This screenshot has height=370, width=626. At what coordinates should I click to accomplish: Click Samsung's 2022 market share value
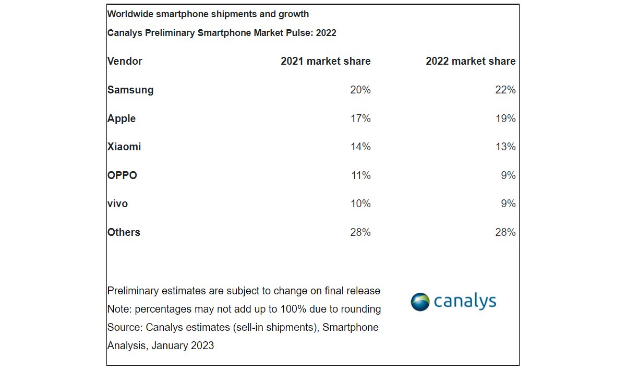[505, 90]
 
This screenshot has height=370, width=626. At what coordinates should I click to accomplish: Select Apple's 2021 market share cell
[360, 118]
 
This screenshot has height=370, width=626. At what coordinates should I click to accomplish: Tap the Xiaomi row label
[124, 147]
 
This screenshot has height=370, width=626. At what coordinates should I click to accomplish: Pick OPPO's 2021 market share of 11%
[360, 175]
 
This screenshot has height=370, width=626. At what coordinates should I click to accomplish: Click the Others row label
[124, 232]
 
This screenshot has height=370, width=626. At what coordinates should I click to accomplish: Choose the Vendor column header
[125, 61]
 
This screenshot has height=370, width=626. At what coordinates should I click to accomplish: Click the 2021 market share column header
[326, 61]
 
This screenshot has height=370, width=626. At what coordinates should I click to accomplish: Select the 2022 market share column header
[471, 61]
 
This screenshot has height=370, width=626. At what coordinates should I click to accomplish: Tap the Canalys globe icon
[420, 302]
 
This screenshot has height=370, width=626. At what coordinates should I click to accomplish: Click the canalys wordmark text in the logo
[464, 302]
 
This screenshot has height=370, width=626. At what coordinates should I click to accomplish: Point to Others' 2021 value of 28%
[360, 232]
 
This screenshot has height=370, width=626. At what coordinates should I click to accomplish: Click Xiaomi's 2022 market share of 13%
[505, 147]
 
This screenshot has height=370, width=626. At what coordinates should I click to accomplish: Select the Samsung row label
[130, 90]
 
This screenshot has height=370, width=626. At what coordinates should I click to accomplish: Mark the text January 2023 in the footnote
[183, 345]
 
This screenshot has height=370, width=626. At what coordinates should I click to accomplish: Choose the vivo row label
[117, 204]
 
